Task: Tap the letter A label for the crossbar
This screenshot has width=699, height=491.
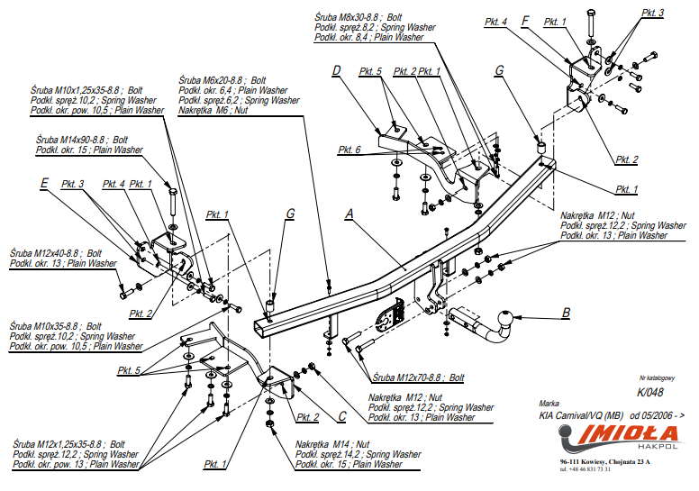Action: click(349, 214)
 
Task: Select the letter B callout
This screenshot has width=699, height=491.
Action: click(566, 314)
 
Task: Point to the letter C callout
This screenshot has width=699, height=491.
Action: click(341, 415)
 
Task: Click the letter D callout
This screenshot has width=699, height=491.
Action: click(336, 71)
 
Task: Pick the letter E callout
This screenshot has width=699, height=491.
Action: click(43, 183)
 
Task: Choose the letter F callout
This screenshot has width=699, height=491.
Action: click(525, 20)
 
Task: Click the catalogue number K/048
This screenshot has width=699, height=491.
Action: click(649, 392)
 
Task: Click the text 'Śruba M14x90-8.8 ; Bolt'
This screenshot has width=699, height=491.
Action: click(71, 140)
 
